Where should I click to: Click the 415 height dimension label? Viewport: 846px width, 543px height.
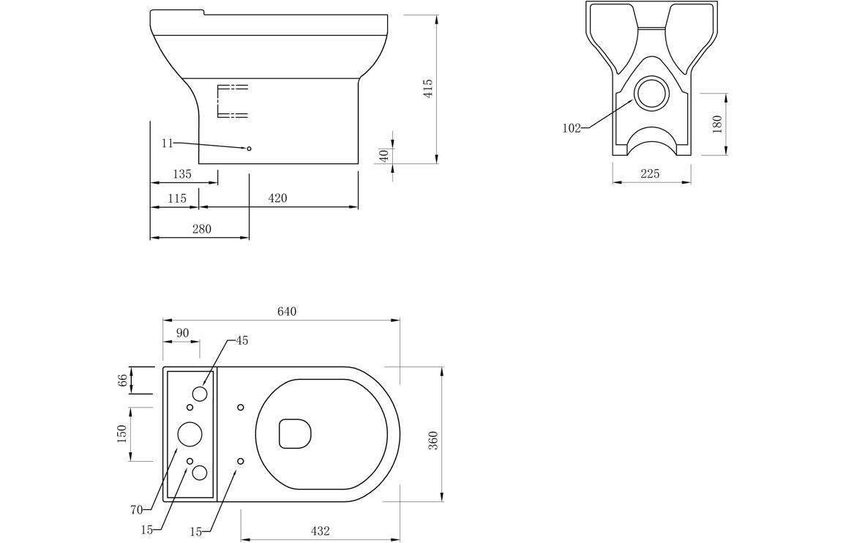pyautogui.click(x=429, y=89)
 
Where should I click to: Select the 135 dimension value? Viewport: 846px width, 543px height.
pyautogui.click(x=181, y=174)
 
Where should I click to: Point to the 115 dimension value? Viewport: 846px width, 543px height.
pyautogui.click(x=177, y=198)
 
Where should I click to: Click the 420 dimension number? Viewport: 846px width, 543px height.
pyautogui.click(x=277, y=198)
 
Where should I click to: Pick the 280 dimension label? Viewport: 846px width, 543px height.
pyautogui.click(x=201, y=229)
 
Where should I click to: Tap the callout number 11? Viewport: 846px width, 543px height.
pyautogui.click(x=167, y=143)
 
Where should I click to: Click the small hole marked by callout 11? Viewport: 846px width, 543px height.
pyautogui.click(x=249, y=149)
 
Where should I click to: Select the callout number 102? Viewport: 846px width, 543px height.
pyautogui.click(x=572, y=129)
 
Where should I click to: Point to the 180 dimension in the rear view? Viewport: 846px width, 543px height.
pyautogui.click(x=717, y=124)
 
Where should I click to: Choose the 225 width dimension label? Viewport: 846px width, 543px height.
pyautogui.click(x=650, y=173)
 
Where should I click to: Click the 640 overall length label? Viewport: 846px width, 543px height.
pyautogui.click(x=287, y=312)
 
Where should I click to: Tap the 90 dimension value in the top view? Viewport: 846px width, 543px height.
pyautogui.click(x=182, y=333)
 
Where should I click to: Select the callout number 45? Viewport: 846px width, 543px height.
pyautogui.click(x=242, y=340)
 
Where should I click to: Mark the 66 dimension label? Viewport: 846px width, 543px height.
pyautogui.click(x=122, y=380)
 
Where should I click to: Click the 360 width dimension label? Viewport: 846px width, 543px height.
pyautogui.click(x=433, y=440)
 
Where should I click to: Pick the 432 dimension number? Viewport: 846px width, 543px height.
pyautogui.click(x=320, y=531)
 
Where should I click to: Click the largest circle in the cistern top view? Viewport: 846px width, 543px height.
pyautogui.click(x=190, y=434)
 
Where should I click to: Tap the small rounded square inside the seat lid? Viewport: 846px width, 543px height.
pyautogui.click(x=295, y=433)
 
